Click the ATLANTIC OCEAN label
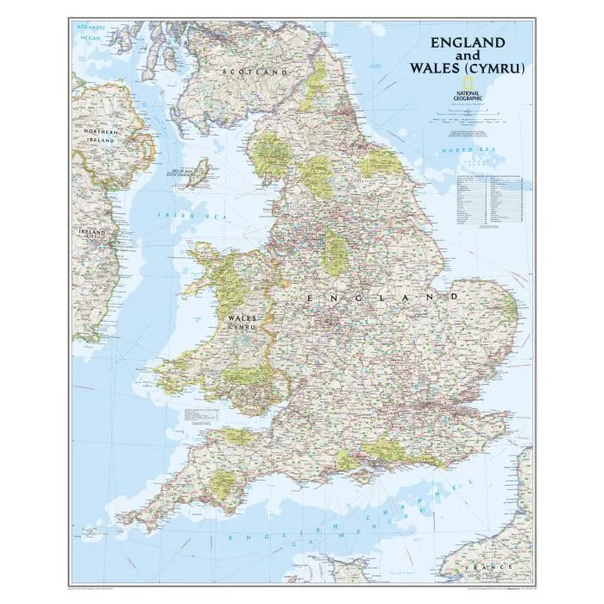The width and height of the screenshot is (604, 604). click(x=91, y=34)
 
